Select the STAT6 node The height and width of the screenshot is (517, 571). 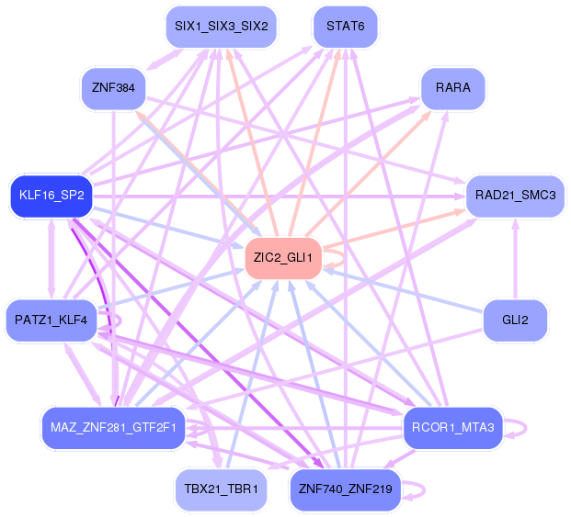tap(345, 27)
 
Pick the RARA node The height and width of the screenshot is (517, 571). tap(452, 88)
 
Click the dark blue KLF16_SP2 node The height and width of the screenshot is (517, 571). tap(51, 197)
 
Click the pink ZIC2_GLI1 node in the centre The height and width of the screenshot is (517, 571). tap(283, 258)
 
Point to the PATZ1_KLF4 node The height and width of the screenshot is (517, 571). tap(51, 320)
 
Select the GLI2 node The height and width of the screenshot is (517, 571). tap(515, 320)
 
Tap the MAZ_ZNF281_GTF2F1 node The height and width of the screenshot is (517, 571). tap(114, 428)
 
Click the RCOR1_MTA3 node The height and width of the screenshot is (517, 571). tap(452, 427)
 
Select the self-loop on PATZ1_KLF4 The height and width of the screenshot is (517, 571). tap(116, 320)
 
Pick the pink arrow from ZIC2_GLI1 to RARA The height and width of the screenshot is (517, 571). tap(368, 174)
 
